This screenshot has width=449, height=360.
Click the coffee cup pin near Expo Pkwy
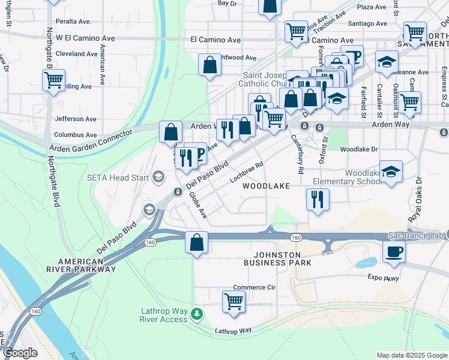(394, 252)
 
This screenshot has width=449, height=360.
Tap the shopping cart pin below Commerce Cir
(234, 302)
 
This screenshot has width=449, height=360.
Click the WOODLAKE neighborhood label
(266, 187)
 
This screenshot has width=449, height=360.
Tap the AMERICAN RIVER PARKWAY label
(87, 266)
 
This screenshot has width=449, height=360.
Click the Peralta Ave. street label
(73, 22)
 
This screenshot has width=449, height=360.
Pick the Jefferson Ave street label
(76, 119)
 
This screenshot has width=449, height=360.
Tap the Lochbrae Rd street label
(247, 172)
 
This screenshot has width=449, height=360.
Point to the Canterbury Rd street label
(297, 151)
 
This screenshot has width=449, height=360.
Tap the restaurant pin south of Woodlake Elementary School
(317, 199)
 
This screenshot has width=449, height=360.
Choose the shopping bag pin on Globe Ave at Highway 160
(196, 243)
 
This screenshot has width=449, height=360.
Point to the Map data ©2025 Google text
(411, 355)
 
